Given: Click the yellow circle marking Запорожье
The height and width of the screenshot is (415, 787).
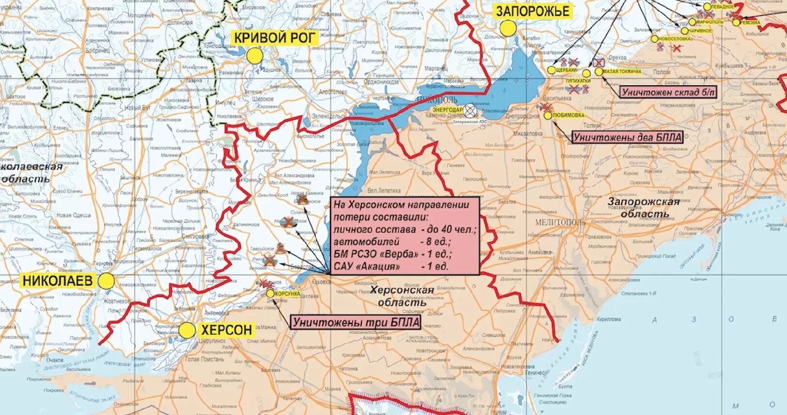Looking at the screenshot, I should (x=508, y=29).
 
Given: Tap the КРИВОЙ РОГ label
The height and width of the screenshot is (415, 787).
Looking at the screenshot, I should (x=275, y=38).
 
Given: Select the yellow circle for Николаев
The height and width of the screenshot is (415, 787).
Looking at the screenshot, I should (x=106, y=281).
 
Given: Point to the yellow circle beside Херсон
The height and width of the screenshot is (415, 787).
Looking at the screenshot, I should (x=187, y=331).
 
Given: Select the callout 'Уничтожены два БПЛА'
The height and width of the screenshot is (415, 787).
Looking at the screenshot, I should (x=628, y=137).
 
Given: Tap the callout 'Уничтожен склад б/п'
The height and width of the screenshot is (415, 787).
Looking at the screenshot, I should (x=668, y=92).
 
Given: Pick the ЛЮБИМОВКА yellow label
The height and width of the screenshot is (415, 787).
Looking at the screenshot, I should (x=568, y=115).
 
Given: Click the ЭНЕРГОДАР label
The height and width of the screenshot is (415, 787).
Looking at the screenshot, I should (x=447, y=110).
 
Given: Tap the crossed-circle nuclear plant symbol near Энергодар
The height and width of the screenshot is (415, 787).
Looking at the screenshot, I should (x=469, y=111).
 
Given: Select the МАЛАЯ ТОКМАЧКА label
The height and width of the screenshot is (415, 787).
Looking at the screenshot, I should (x=622, y=71).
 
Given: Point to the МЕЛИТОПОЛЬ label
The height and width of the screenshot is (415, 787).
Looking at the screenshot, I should (x=560, y=222).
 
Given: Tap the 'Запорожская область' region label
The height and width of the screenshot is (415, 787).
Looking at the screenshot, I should (x=644, y=207).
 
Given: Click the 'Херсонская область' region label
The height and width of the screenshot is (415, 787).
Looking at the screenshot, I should (x=402, y=296).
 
